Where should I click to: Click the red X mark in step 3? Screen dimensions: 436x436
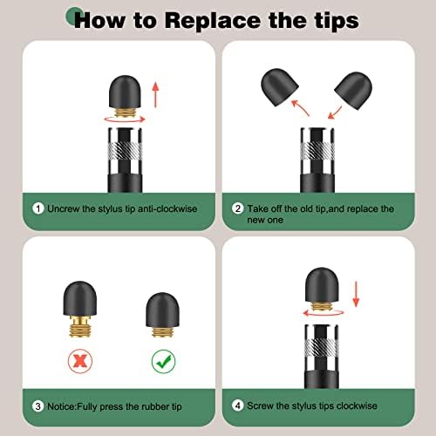point(80,361)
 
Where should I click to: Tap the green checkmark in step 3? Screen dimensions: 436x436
point(164,361)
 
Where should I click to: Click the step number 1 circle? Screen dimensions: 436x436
point(38,208)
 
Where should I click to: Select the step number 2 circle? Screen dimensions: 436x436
point(238,208)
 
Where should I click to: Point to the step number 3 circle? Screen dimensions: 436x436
point(38,406)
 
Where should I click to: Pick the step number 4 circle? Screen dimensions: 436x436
point(238,405)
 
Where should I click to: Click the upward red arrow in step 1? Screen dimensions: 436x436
point(156,95)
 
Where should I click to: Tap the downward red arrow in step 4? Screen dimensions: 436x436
point(356,294)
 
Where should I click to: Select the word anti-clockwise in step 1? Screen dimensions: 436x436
point(167,208)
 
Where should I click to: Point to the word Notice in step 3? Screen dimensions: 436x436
point(61,406)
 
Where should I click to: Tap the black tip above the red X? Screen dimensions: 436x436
point(79,298)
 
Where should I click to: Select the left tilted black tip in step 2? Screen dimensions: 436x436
point(279,87)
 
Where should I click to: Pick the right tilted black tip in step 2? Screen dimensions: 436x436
point(353,91)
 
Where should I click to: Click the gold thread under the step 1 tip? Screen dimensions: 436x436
point(125,112)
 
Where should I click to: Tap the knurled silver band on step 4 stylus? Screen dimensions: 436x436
point(322,346)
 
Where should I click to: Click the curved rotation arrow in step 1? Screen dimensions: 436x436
point(125,119)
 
